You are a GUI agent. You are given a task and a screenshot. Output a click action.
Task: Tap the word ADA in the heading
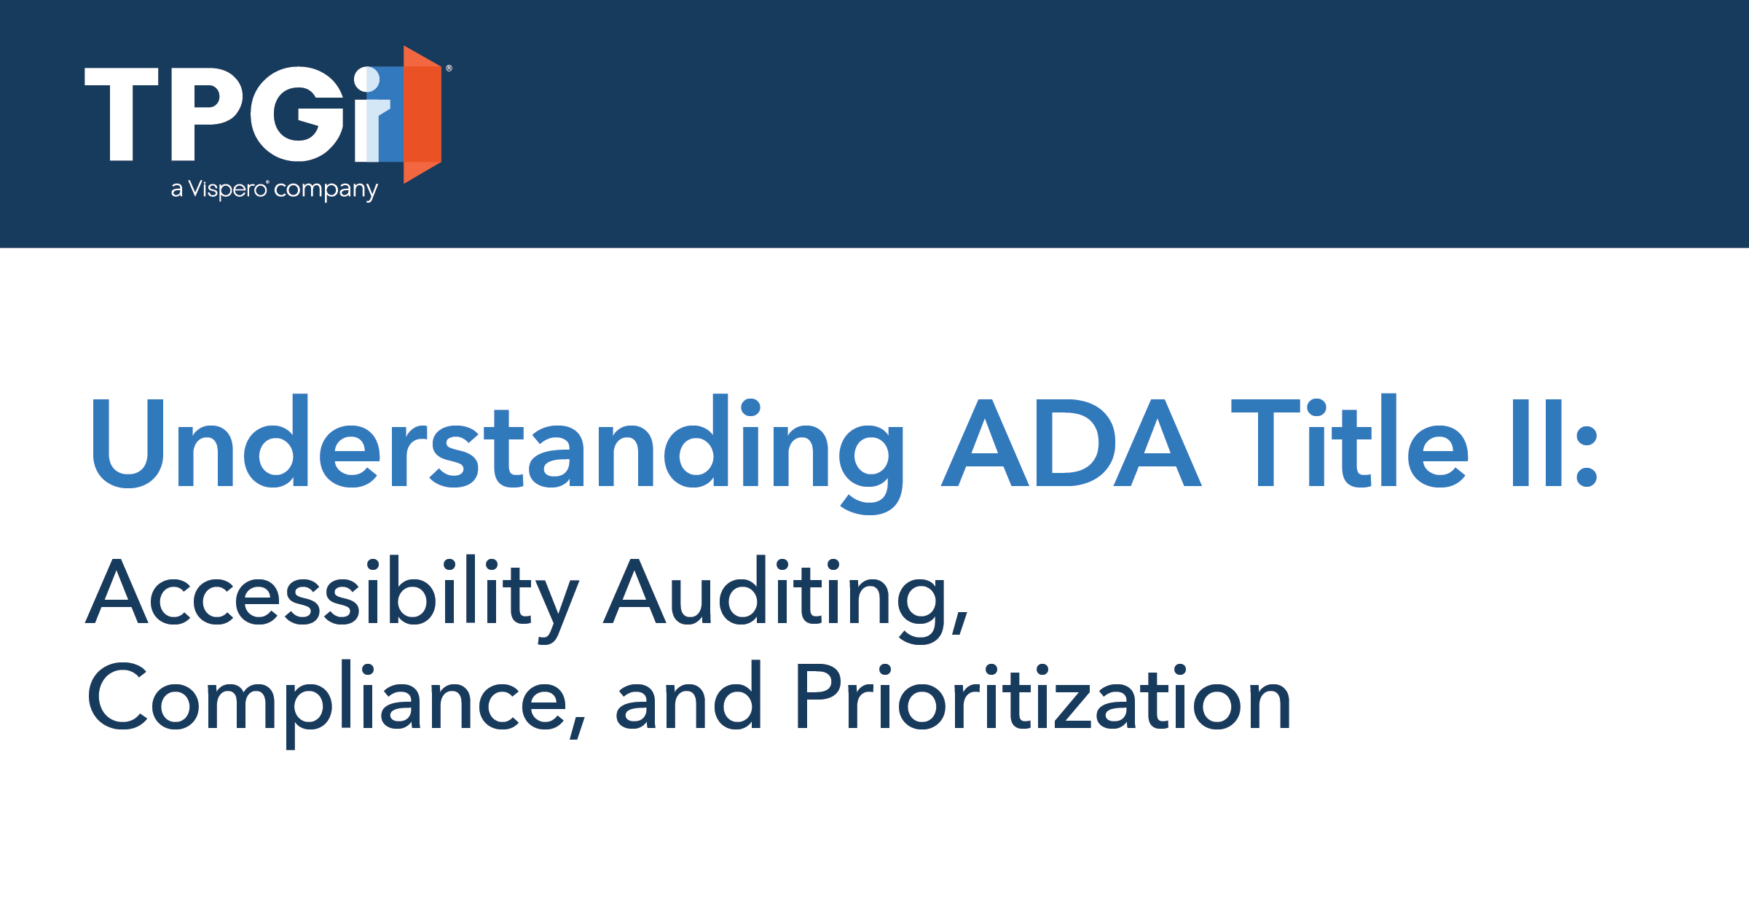[x=1071, y=443]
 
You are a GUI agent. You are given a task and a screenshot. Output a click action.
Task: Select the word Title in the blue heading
[x=1349, y=441]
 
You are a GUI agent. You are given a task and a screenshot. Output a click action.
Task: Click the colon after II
[x=1587, y=457]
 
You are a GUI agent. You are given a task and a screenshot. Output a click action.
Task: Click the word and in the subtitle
[x=688, y=695]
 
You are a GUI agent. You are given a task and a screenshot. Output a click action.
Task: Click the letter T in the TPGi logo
[x=122, y=114]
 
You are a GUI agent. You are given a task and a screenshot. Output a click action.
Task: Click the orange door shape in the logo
[x=422, y=114]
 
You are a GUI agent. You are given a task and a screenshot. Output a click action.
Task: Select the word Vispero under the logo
[x=228, y=190]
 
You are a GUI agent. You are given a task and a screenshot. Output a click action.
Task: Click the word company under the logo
[x=326, y=190]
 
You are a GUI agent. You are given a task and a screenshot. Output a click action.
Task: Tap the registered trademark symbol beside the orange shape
[x=449, y=68]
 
